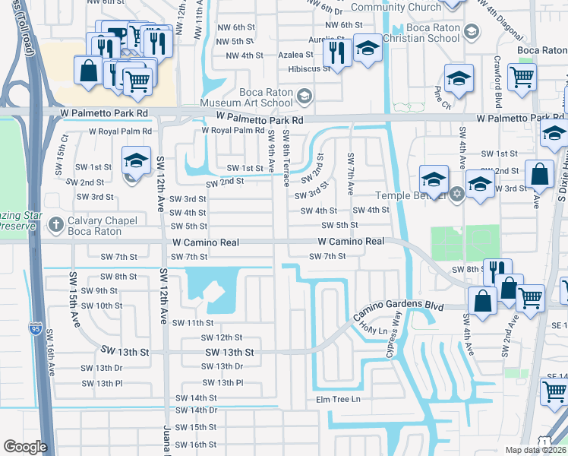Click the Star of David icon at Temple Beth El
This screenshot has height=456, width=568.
click(x=456, y=194)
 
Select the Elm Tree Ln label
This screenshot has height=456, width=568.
click(x=338, y=399)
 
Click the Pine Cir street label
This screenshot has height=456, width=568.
click(x=438, y=94)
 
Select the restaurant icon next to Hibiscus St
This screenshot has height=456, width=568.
click(x=334, y=52)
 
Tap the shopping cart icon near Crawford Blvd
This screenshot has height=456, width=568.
click(x=522, y=76)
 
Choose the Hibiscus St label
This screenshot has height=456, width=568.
click(x=308, y=68)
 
